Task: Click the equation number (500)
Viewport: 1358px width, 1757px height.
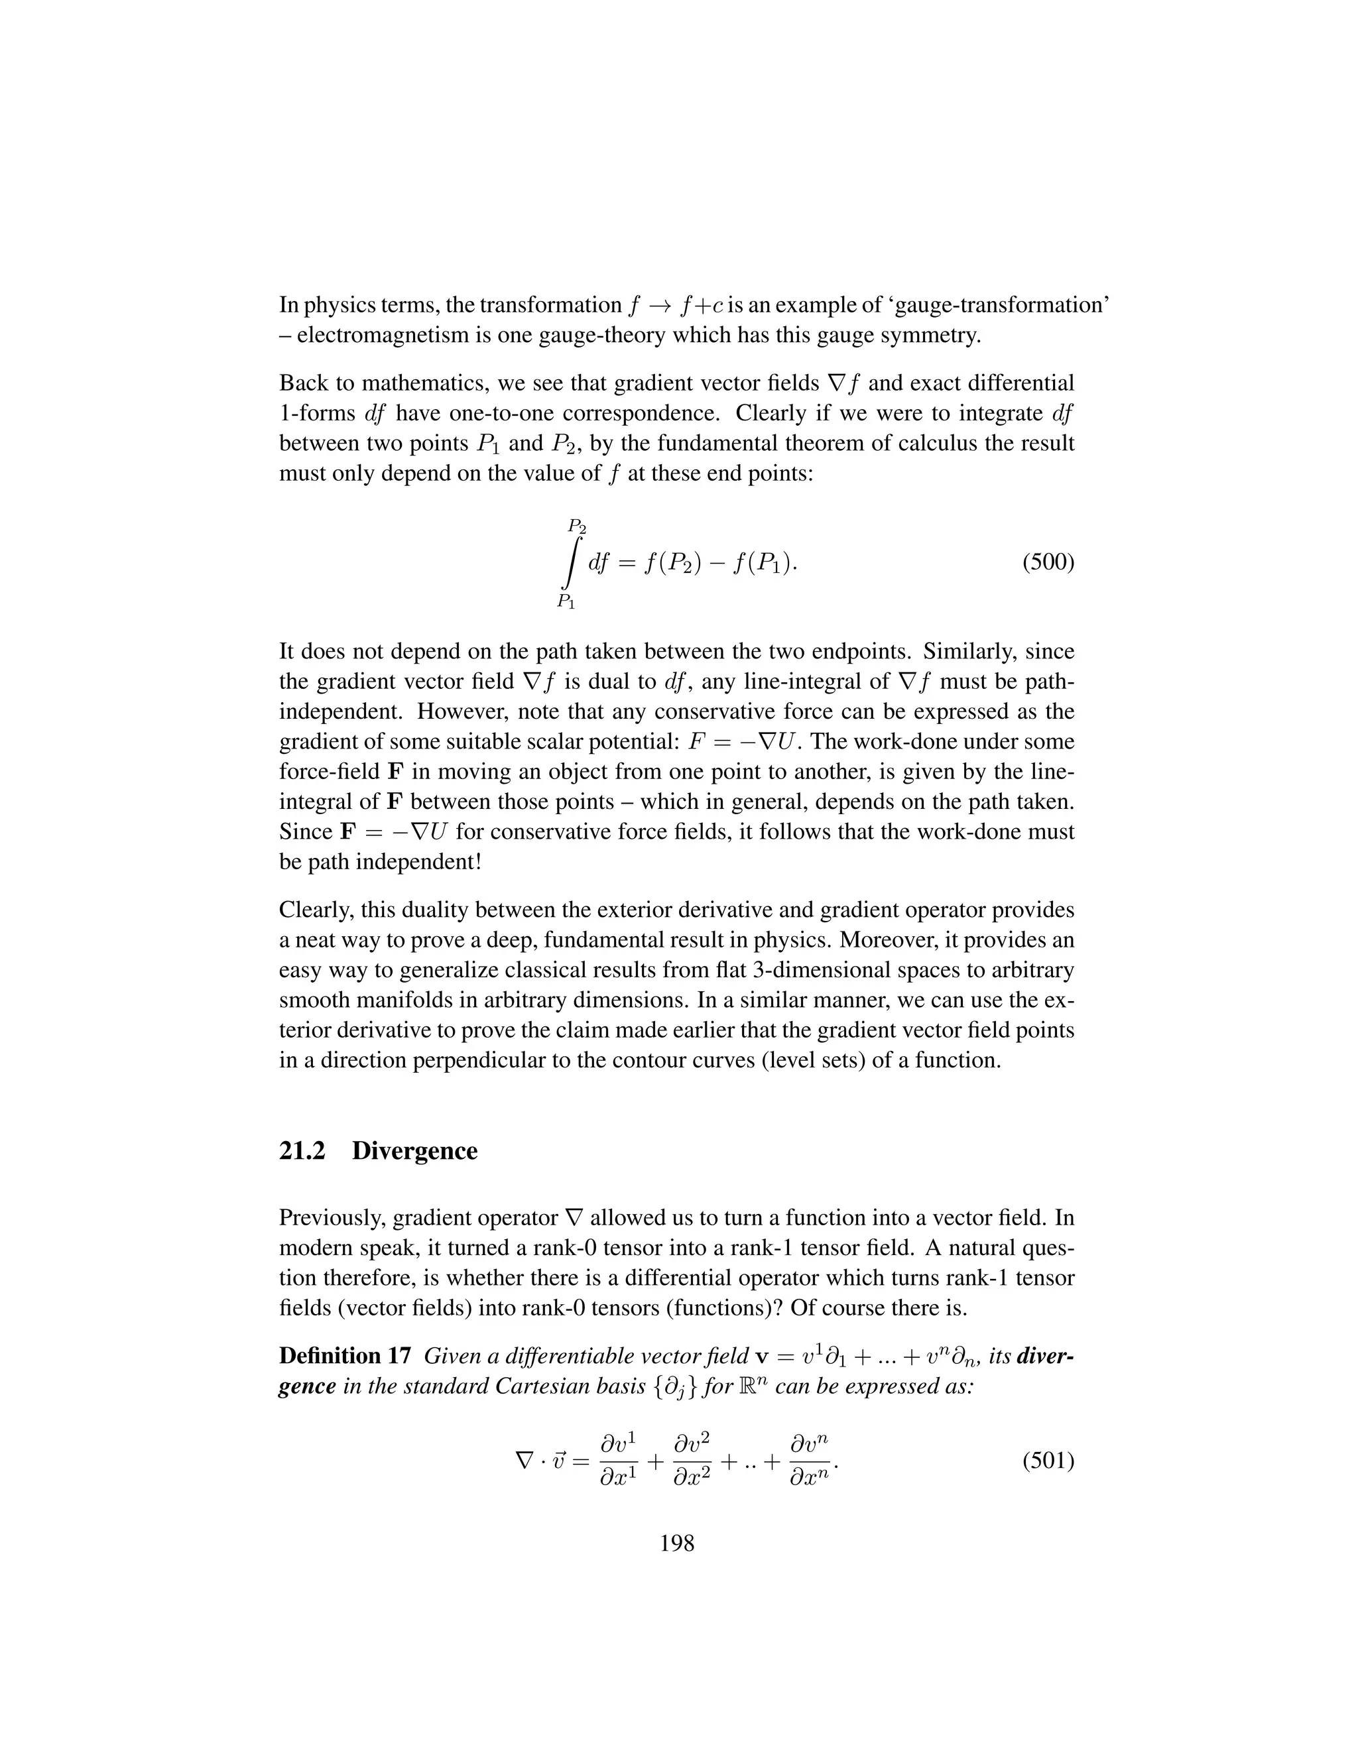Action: tap(1048, 562)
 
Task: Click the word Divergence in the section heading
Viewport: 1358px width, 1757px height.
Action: tap(414, 1150)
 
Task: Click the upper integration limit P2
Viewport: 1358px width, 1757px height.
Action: tap(577, 526)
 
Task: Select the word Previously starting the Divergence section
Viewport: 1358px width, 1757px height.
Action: tap(329, 1218)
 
